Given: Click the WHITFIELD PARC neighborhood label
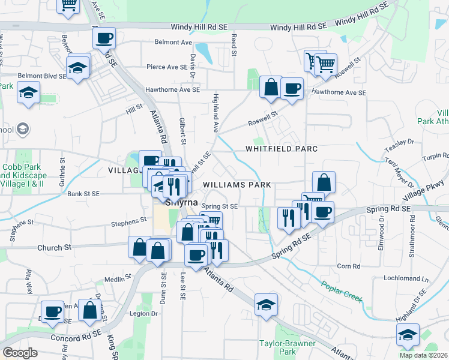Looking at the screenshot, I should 280,148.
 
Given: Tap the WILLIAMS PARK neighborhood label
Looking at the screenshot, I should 237,185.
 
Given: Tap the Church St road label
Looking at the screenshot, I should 54,247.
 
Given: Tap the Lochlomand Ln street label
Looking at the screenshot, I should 407,279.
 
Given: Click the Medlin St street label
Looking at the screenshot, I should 113,279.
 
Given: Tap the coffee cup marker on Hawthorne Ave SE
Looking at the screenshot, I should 292,89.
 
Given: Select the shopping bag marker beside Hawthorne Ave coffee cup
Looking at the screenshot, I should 271,87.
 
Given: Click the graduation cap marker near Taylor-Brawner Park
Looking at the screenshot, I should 265,305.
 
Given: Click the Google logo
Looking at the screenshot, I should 20,353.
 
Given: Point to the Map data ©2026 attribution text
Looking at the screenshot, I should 423,355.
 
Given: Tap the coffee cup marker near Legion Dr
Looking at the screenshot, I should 53,311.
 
